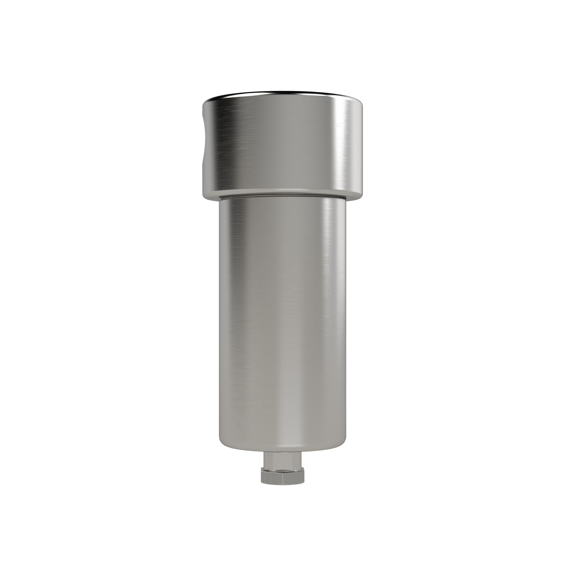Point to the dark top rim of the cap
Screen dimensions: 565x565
(x=282, y=94)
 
